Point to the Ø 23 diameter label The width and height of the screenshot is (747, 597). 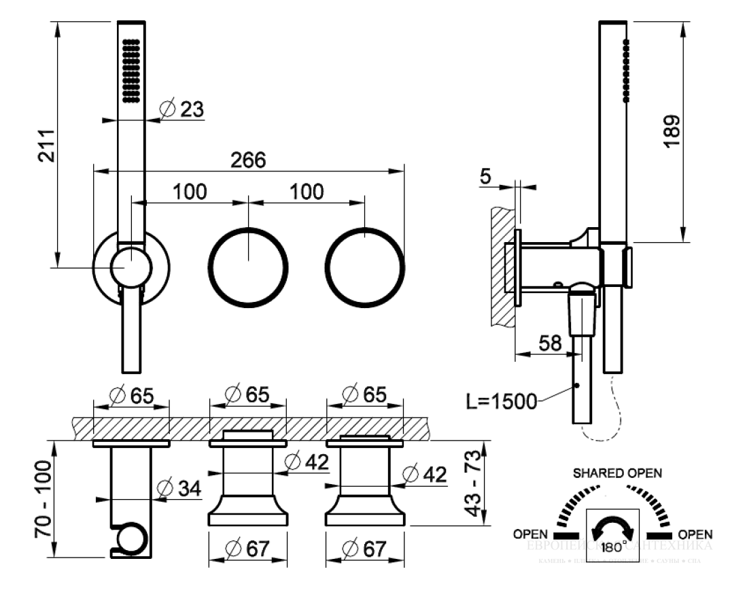point(180,109)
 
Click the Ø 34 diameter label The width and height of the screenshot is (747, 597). point(179,488)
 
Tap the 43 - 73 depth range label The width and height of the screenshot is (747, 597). point(481,484)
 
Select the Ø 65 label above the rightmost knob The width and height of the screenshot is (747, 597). point(364,394)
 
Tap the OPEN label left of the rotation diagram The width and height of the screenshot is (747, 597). point(531,534)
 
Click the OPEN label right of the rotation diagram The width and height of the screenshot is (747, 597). point(695,534)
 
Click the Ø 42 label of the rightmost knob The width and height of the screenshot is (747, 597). point(424,475)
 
